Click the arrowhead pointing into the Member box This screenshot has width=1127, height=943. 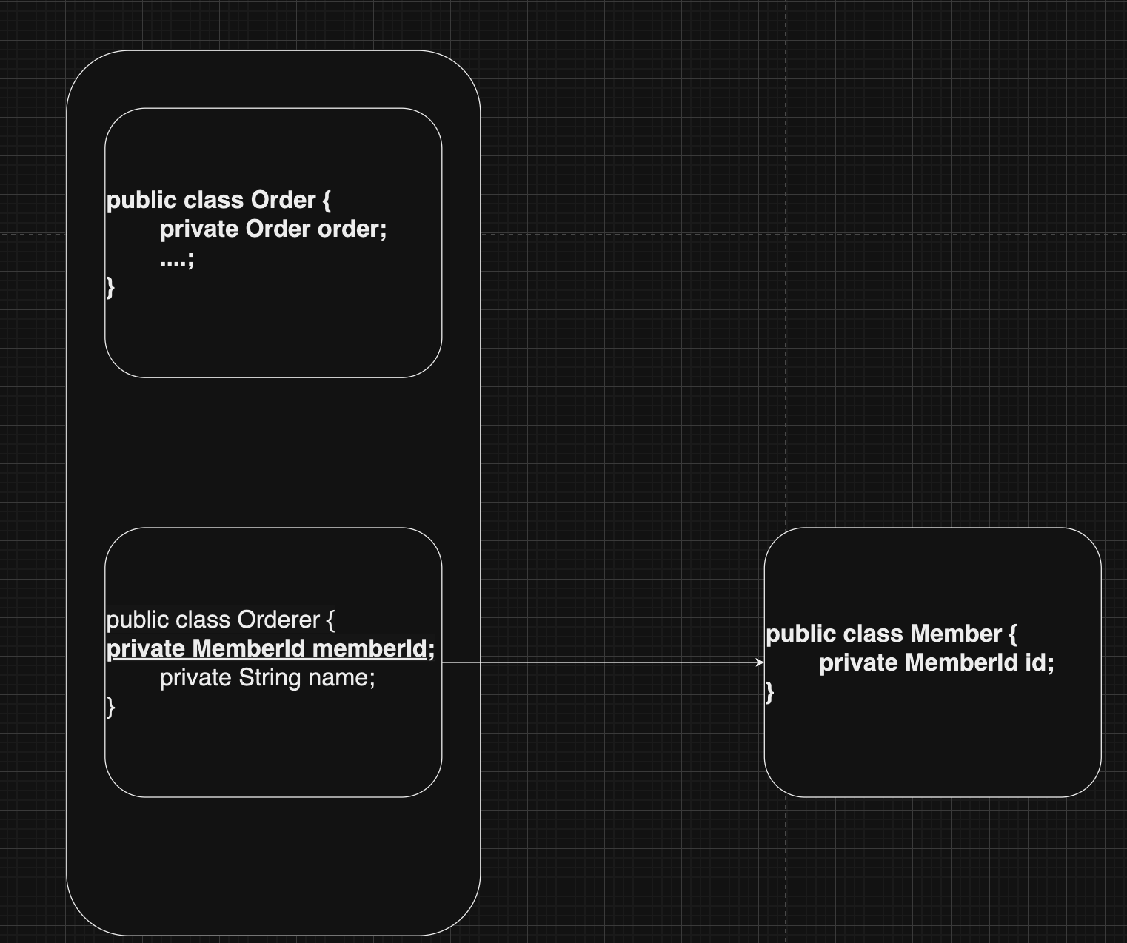tap(760, 662)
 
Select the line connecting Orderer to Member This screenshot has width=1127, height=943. tap(603, 662)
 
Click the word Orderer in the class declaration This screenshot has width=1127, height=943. tap(278, 620)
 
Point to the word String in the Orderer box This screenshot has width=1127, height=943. tap(270, 678)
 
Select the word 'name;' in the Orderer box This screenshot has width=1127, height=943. tap(341, 677)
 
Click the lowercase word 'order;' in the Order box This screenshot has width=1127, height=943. tap(352, 229)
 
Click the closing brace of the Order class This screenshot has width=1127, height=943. tap(110, 287)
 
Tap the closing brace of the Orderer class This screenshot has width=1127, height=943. tap(110, 708)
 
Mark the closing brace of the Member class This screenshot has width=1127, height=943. tap(769, 693)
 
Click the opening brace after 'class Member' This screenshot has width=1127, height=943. tap(1013, 634)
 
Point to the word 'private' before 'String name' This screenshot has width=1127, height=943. tap(195, 678)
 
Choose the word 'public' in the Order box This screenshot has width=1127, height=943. tap(141, 201)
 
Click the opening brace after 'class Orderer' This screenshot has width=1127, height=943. tap(331, 620)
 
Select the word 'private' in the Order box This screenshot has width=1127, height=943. tap(199, 229)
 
